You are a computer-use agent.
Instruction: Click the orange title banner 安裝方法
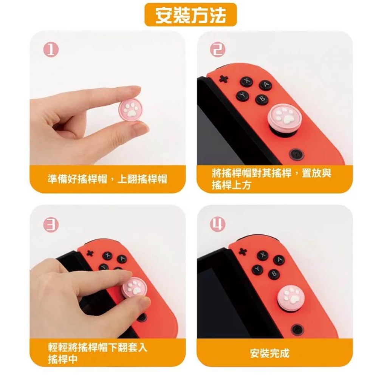coord(190,15)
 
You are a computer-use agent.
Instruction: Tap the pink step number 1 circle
coord(51,50)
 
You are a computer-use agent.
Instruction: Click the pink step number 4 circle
coord(218,224)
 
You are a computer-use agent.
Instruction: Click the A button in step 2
coord(265,85)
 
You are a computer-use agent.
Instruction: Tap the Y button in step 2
coord(243,96)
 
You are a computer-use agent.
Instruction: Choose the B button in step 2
coord(262,99)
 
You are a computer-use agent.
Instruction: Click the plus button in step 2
coord(224,79)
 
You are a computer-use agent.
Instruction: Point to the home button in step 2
coord(296,155)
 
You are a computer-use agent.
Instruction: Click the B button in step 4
coord(274,274)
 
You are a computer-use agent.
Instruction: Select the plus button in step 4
coord(243,252)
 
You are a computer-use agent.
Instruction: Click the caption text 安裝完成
coord(269,353)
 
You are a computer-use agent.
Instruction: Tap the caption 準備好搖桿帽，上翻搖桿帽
coord(107,179)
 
